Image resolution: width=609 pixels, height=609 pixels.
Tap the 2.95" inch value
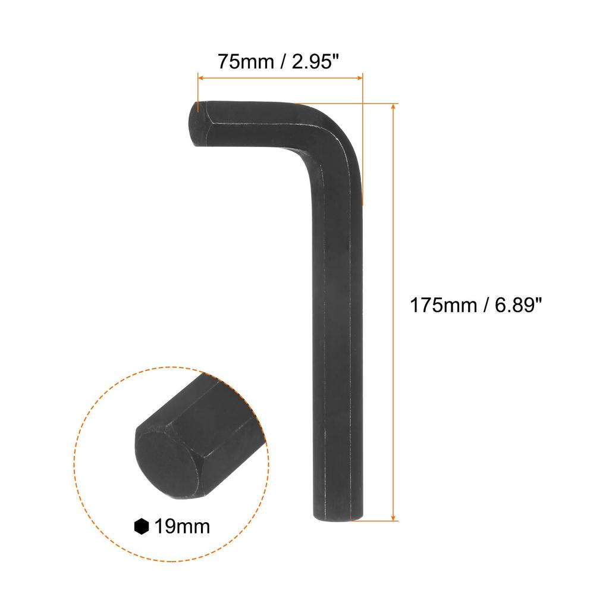point(316,62)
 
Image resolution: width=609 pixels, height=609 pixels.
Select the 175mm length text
point(444,306)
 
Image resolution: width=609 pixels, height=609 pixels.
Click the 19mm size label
point(182,526)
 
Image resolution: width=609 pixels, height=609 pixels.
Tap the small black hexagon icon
point(141,526)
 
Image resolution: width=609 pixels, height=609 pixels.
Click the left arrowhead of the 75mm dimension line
point(200,77)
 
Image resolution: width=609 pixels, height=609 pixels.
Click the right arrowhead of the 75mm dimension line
point(359,77)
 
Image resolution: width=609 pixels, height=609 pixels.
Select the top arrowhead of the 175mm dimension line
point(393,106)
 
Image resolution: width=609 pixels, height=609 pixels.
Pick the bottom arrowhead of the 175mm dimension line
point(393,517)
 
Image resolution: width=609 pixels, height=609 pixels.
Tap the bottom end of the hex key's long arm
point(338,516)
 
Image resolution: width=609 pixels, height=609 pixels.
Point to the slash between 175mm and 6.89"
point(486,306)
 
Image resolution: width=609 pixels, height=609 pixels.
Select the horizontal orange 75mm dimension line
point(280,77)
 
